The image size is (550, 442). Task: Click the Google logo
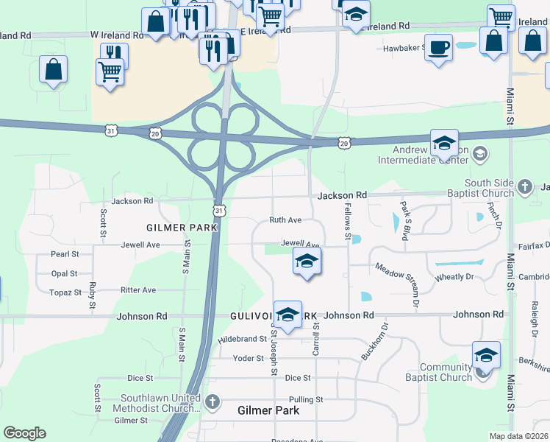25,433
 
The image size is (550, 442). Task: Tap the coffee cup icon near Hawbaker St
439,48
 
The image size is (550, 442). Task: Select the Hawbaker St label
404,48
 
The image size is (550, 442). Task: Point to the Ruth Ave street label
285,220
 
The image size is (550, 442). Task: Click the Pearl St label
65,254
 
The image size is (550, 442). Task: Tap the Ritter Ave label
138,290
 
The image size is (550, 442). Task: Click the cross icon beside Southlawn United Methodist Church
213,402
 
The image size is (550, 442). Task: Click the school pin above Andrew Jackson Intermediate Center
444,142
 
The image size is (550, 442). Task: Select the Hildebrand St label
242,340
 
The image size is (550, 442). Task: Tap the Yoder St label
248,358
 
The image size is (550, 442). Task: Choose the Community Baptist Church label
446,373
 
